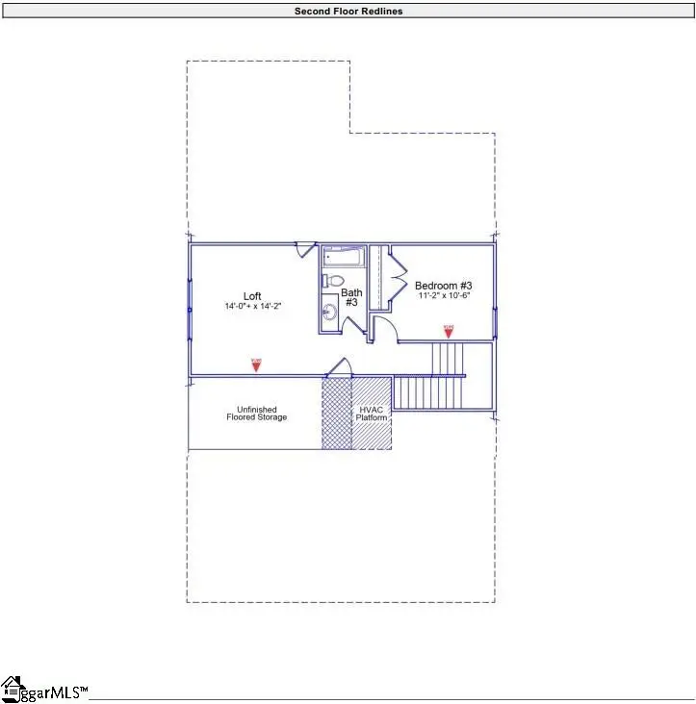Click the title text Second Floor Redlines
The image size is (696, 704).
pos(348,11)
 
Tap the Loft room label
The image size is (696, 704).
pos(252,295)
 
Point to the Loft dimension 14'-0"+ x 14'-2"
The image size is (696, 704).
pos(252,306)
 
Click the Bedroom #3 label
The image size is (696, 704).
pos(443,286)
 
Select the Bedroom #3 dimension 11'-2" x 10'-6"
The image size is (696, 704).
pos(443,297)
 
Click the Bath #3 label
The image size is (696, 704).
pos(352,297)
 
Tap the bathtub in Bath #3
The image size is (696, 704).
pos(342,258)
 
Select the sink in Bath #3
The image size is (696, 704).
pos(329,311)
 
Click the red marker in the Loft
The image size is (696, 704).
pos(256,365)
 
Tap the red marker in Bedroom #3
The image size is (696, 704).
pos(448,331)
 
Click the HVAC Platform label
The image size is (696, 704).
pos(372,414)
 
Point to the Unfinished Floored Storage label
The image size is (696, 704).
pos(256,414)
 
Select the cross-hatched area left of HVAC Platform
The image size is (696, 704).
pos(337,414)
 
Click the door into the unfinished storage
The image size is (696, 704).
pos(338,367)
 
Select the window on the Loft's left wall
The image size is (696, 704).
pos(189,308)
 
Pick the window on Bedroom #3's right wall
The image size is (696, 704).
pos(494,308)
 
